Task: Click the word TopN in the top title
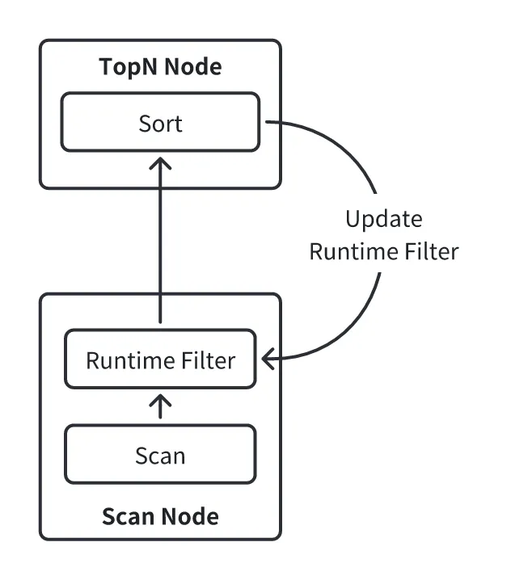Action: pos(129,67)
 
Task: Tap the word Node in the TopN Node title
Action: pos(191,67)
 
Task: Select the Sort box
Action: pos(160,123)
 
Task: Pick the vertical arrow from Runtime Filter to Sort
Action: pos(160,242)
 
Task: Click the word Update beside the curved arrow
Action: pos(383,220)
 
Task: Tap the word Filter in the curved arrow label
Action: pos(427,251)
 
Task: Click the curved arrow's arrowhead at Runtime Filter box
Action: pos(268,359)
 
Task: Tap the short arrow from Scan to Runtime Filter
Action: pos(160,406)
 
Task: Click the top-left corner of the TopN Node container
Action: pos(42,42)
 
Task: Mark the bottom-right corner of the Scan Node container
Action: pos(279,537)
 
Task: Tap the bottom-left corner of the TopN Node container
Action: pos(42,187)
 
